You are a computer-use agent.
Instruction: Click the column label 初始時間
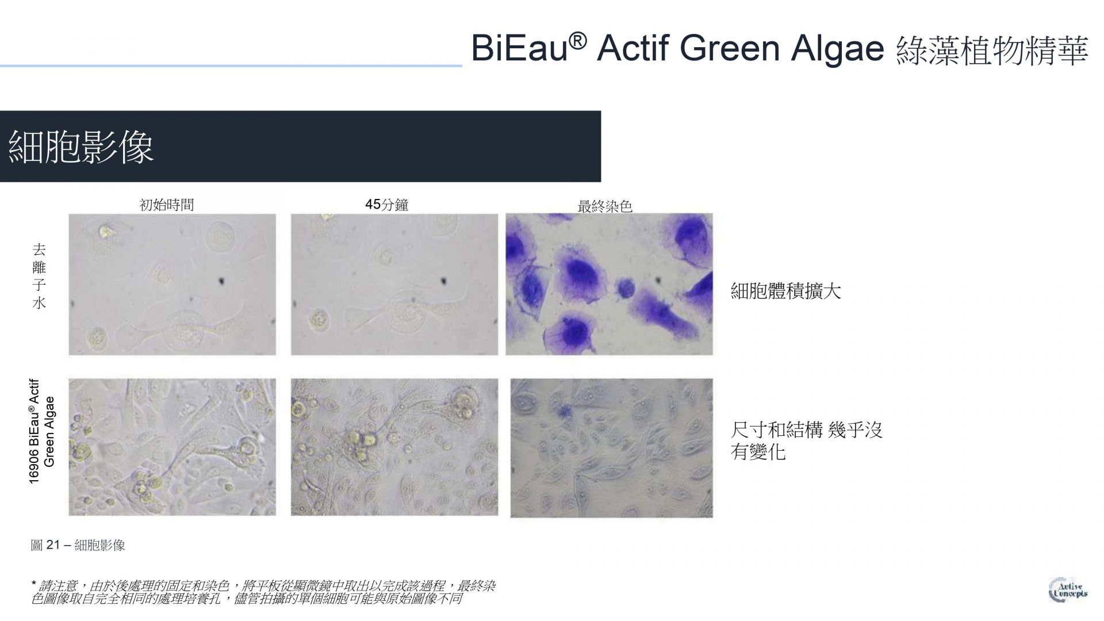167,205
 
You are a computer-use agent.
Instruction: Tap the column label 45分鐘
386,205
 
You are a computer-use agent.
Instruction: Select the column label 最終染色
605,206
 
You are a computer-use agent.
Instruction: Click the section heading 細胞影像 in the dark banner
81,147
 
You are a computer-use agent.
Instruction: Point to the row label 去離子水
39,277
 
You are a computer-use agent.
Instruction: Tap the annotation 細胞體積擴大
785,291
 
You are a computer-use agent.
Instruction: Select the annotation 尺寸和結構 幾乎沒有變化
806,440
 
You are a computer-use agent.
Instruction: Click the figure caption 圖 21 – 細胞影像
78,545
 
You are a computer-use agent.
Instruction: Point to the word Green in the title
730,48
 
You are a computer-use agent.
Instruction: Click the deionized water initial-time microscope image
172,285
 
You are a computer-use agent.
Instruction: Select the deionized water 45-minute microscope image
394,285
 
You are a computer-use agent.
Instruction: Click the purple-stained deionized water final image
609,285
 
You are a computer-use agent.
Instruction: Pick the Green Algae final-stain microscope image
612,448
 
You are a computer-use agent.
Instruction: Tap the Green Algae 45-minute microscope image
394,447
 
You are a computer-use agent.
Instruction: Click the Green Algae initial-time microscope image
172,447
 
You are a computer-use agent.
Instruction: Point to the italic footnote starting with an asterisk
263,592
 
